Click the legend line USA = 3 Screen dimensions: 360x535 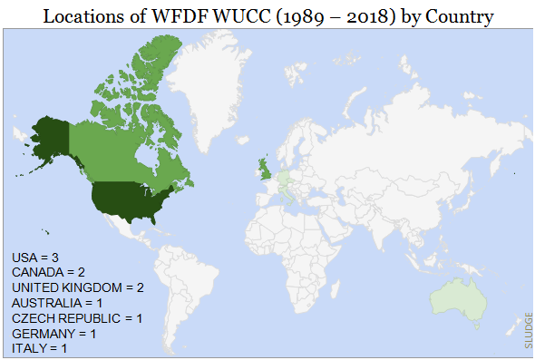35,258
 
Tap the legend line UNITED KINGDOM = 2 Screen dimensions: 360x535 78,287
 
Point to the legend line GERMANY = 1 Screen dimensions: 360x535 53,333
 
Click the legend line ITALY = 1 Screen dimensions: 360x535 39,347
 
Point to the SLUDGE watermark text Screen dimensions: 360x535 528,330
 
